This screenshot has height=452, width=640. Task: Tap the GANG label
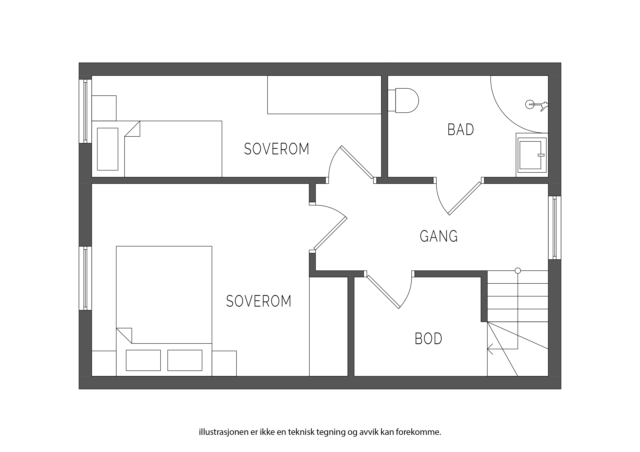439,236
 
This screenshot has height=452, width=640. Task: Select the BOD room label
428,339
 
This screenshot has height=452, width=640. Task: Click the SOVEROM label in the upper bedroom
277,149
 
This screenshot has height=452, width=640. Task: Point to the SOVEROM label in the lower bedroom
259,301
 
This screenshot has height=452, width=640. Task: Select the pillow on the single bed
108,149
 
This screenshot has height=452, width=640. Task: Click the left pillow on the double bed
143,360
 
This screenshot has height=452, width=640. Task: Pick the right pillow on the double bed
185,360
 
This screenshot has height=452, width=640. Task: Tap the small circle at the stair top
518,270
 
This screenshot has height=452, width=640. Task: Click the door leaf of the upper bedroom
357,162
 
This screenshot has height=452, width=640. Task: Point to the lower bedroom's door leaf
331,233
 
